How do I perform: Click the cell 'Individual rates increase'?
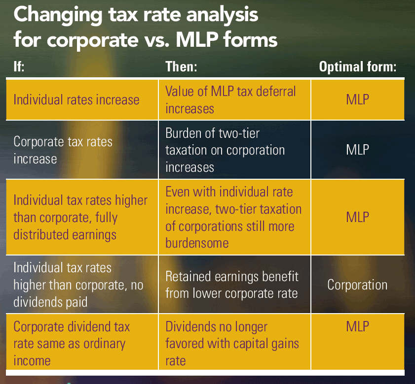tap(76, 100)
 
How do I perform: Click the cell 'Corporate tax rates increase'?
tap(63, 150)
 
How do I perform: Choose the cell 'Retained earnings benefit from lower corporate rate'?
tap(232, 285)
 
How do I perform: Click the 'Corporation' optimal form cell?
tap(357, 285)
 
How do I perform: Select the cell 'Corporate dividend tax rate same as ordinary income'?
tap(71, 344)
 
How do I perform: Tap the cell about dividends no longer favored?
tap(232, 344)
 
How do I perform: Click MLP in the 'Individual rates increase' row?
tap(357, 100)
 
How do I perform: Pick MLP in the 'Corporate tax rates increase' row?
tap(357, 150)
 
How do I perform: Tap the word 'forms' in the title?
tap(248, 39)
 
